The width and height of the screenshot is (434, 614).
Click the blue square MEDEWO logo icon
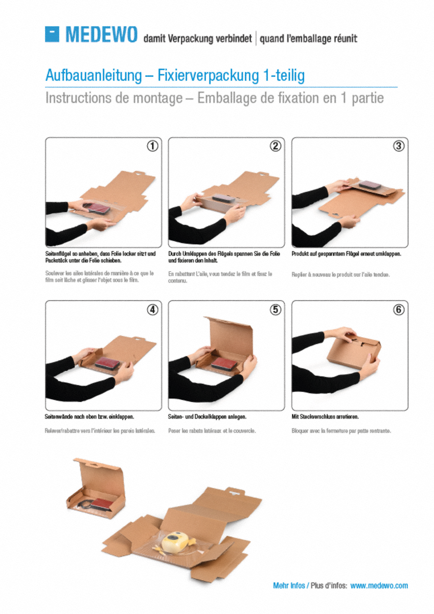(x=52, y=34)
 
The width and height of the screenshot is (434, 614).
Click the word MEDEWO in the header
(x=101, y=34)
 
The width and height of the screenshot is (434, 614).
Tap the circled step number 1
(x=152, y=146)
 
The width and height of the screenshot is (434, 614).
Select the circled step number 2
(x=276, y=146)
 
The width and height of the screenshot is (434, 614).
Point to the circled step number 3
(x=399, y=146)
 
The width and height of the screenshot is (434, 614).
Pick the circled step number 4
(x=152, y=310)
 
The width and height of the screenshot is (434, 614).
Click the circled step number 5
(x=276, y=310)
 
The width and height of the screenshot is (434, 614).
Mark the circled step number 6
(x=399, y=310)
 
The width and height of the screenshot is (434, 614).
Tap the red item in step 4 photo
(x=108, y=363)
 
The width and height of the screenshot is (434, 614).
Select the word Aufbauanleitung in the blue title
(x=94, y=75)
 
